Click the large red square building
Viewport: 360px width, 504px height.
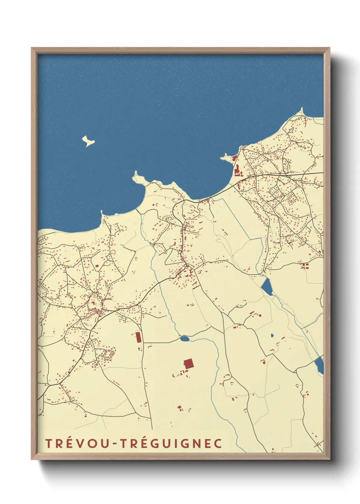click(x=189, y=364)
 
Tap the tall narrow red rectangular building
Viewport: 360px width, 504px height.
click(x=138, y=337)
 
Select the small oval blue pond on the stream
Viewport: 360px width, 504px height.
click(x=184, y=338)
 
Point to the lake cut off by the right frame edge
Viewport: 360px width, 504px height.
click(x=320, y=365)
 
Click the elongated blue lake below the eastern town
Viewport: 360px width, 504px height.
click(x=267, y=287)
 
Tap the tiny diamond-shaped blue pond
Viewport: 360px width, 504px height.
click(x=272, y=335)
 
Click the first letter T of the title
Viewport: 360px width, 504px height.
click(x=48, y=443)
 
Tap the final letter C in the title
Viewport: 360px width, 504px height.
click(x=218, y=443)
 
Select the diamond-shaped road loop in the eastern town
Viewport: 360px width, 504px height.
click(x=291, y=198)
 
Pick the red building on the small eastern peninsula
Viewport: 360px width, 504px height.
click(x=234, y=158)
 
